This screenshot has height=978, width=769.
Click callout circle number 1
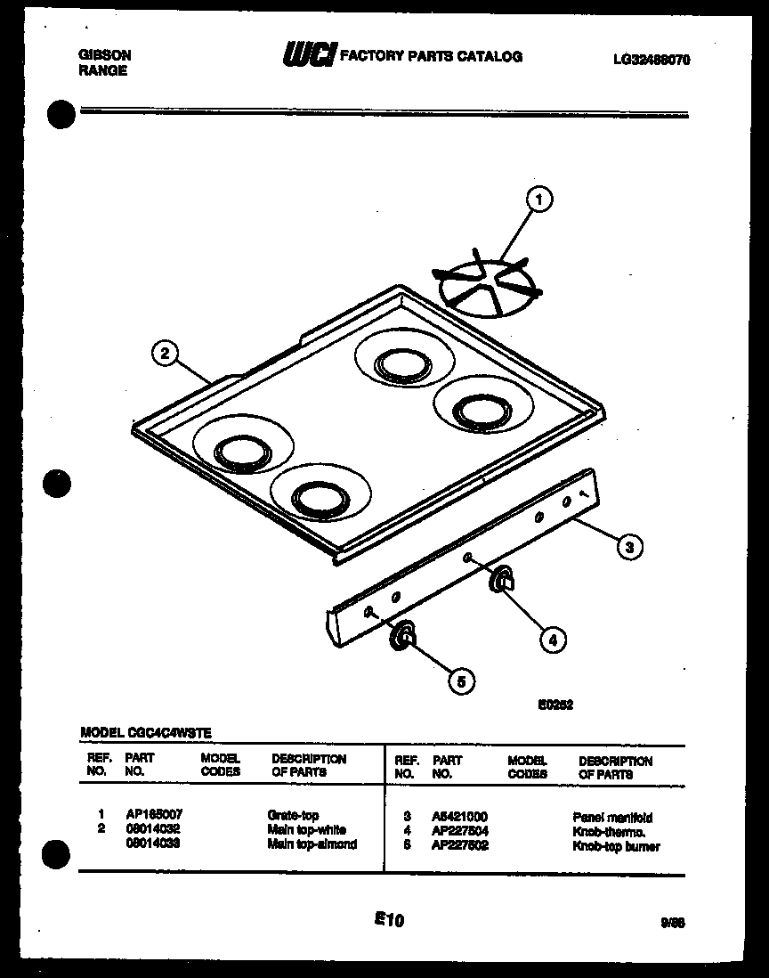click(538, 200)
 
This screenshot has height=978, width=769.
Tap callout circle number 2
click(162, 354)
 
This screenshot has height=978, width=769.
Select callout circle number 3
click(629, 548)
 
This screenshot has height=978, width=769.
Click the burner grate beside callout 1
click(488, 284)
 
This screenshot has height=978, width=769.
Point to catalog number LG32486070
click(652, 61)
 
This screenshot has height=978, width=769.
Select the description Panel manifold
click(612, 817)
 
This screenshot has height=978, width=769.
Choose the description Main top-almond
click(312, 844)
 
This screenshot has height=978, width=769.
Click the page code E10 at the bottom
click(390, 920)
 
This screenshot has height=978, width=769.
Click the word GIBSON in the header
click(104, 54)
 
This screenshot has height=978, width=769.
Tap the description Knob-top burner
click(616, 846)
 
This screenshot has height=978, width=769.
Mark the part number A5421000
click(459, 817)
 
